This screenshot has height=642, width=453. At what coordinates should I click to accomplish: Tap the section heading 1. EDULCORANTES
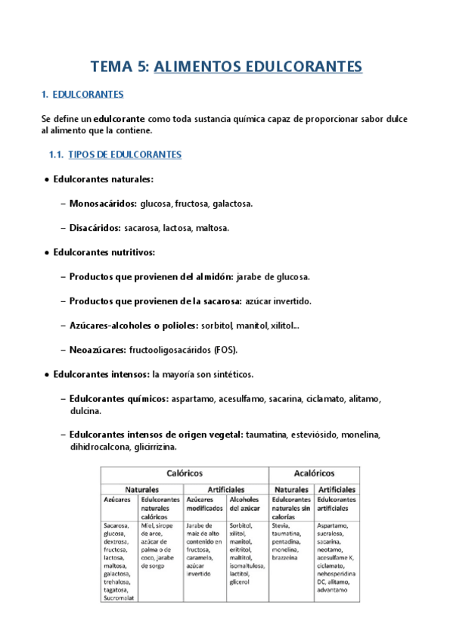pyautogui.click(x=82, y=95)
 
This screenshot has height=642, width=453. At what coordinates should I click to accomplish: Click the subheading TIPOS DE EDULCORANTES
pyautogui.click(x=125, y=154)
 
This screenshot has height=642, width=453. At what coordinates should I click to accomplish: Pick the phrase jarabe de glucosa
pyautogui.click(x=275, y=276)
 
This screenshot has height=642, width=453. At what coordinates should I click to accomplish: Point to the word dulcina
pyautogui.click(x=84, y=411)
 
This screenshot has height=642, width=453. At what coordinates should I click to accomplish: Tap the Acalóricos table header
pyautogui.click(x=314, y=472)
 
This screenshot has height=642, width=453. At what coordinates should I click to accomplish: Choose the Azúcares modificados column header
pyautogui.click(x=205, y=504)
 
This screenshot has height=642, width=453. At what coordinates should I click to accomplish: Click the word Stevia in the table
pyautogui.click(x=281, y=525)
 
